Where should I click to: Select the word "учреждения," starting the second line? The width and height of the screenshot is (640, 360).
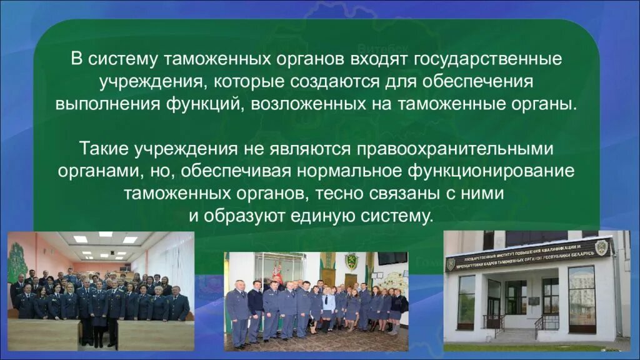[145, 82]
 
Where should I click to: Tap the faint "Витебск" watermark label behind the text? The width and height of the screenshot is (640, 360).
[383, 47]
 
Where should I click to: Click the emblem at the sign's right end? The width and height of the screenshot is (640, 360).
[601, 246]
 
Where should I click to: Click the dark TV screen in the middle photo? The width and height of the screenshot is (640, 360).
[392, 258]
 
